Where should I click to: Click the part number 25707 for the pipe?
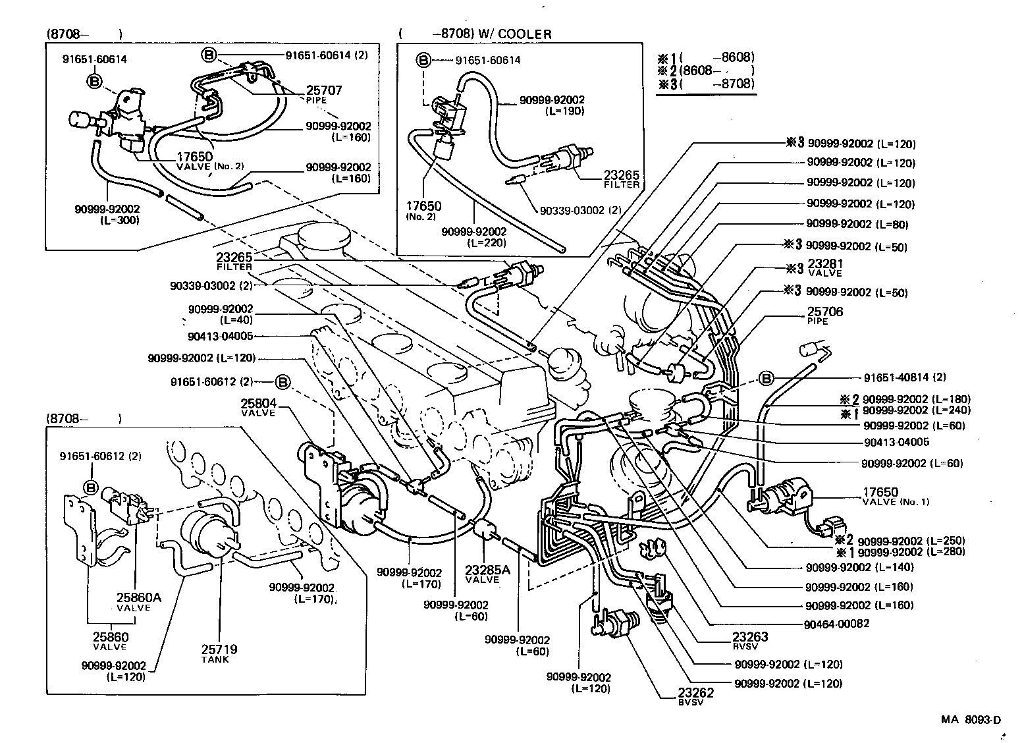324,90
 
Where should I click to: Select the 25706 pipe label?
824,312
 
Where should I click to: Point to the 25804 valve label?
259,403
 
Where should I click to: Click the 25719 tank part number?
220,649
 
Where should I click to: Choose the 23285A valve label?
487,570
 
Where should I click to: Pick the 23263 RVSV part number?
750,637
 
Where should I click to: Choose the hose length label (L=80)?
892,225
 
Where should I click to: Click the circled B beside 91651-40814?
766,378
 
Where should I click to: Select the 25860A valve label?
139,598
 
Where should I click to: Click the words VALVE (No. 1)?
895,502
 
